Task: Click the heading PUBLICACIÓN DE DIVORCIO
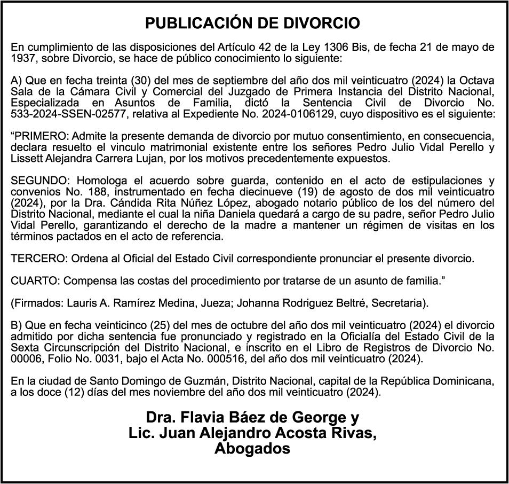[253, 24]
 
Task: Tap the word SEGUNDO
[35, 180]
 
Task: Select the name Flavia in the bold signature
[198, 417]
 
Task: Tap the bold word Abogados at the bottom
[252, 449]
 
